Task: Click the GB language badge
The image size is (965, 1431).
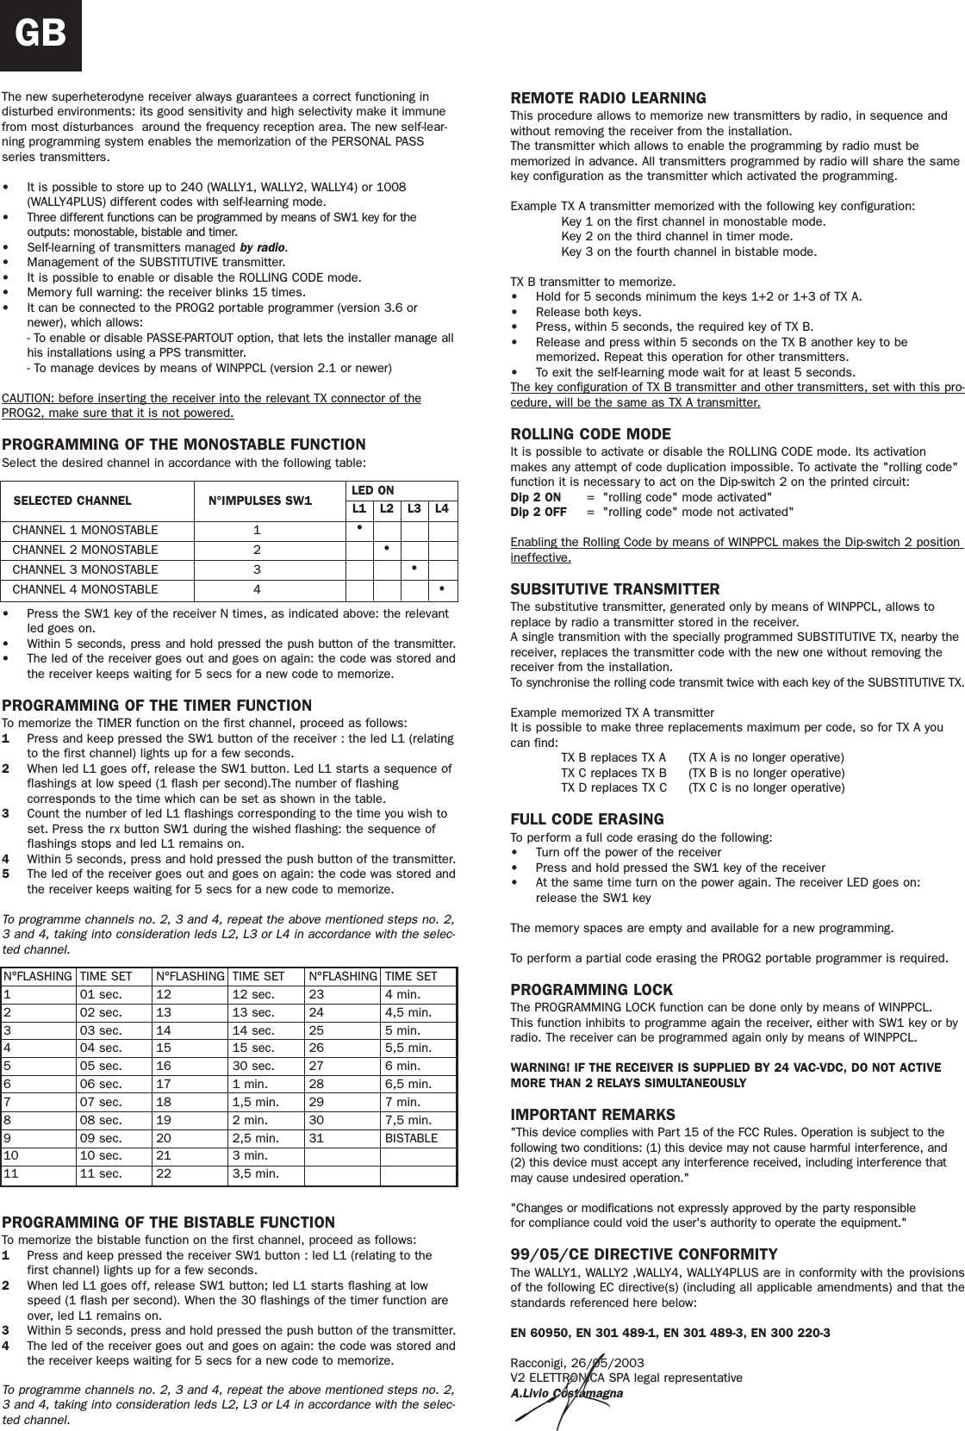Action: [x=40, y=34]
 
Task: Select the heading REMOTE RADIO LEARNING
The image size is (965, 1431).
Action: [x=608, y=98]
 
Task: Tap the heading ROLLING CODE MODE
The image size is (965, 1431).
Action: [x=590, y=433]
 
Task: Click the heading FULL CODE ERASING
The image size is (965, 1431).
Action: [x=587, y=818]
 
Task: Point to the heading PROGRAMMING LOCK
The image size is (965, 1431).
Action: [x=591, y=989]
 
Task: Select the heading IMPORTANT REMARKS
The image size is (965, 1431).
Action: [x=593, y=1114]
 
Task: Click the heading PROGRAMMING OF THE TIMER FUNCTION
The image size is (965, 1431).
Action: [x=157, y=706]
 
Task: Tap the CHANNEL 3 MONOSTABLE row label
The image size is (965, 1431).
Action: [x=84, y=569]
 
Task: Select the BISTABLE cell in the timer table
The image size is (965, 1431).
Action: [x=410, y=1138]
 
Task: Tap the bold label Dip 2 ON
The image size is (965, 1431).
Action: [x=535, y=497]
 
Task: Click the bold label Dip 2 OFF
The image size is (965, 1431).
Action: [x=539, y=512]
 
